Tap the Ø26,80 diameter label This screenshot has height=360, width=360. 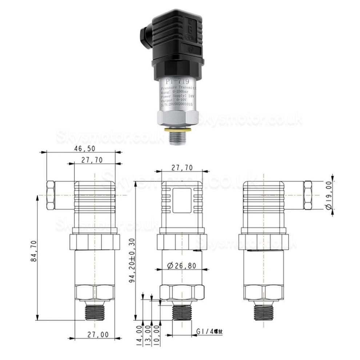181,265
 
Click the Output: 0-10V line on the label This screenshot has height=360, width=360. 174,100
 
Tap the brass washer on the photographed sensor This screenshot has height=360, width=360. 177,129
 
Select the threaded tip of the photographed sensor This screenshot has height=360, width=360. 178,138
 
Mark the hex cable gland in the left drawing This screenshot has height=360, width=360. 51,195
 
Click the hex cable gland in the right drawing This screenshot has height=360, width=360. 307,195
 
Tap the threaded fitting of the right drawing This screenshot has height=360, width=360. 262,311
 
